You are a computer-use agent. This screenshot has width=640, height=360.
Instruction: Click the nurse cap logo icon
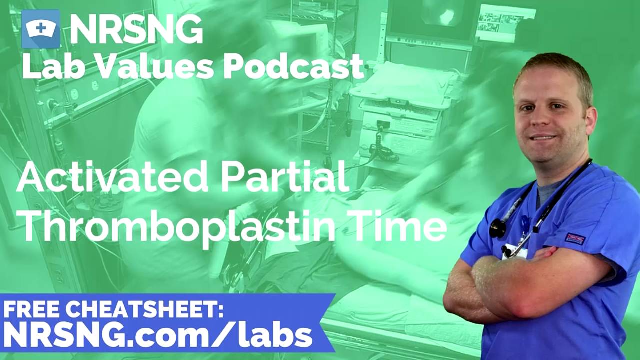41,29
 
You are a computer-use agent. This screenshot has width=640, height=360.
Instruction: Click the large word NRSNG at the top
136,29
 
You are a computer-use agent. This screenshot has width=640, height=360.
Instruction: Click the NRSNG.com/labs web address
157,335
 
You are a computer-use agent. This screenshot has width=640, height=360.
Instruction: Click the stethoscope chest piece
497,228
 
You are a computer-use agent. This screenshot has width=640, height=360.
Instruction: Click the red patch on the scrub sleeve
575,238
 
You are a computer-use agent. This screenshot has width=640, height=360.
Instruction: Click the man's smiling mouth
543,137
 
